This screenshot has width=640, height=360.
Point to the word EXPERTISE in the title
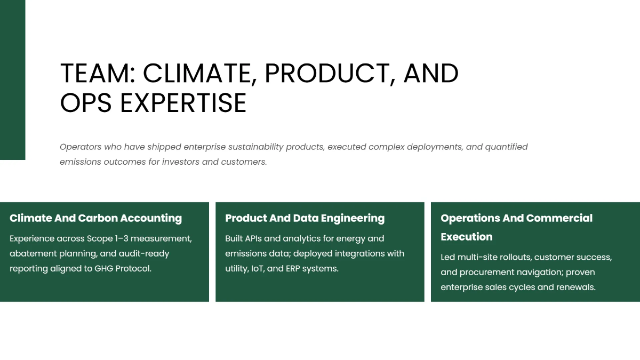[183, 103]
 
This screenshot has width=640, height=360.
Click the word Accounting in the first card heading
[151, 218]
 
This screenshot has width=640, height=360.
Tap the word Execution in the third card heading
[466, 237]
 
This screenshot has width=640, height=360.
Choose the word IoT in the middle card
[257, 268]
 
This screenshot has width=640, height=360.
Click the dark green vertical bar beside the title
[12, 80]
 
